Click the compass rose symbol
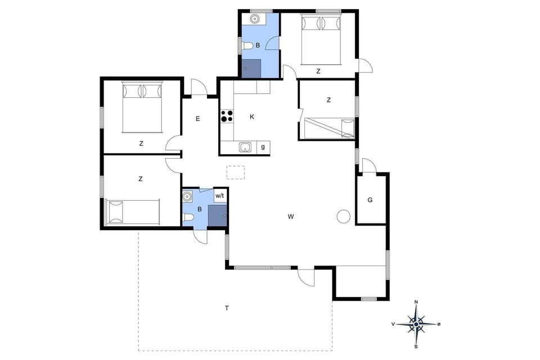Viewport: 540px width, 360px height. [416, 324]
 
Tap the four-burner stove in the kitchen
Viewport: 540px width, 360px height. [227, 116]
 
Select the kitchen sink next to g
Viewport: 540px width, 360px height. [245, 147]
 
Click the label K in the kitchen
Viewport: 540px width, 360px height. [252, 117]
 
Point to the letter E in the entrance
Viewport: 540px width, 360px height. [198, 119]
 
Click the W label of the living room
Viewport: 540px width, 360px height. [291, 217]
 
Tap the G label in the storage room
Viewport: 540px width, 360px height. [370, 200]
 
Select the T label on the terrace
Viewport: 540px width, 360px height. [227, 308]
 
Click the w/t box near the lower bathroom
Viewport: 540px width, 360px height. [220, 195]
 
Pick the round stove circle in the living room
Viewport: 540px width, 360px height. [343, 217]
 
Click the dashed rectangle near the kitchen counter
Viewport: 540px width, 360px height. [236, 172]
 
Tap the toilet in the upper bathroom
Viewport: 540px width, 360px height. [246, 46]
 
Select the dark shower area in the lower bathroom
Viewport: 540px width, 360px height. [217, 215]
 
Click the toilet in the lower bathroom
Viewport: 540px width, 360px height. [188, 217]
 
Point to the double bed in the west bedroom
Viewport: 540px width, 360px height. [142, 106]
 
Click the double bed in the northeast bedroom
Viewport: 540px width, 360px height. [322, 39]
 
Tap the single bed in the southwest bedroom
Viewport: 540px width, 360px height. [133, 211]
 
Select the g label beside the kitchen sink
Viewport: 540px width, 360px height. [263, 147]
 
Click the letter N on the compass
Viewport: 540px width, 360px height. [416, 303]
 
